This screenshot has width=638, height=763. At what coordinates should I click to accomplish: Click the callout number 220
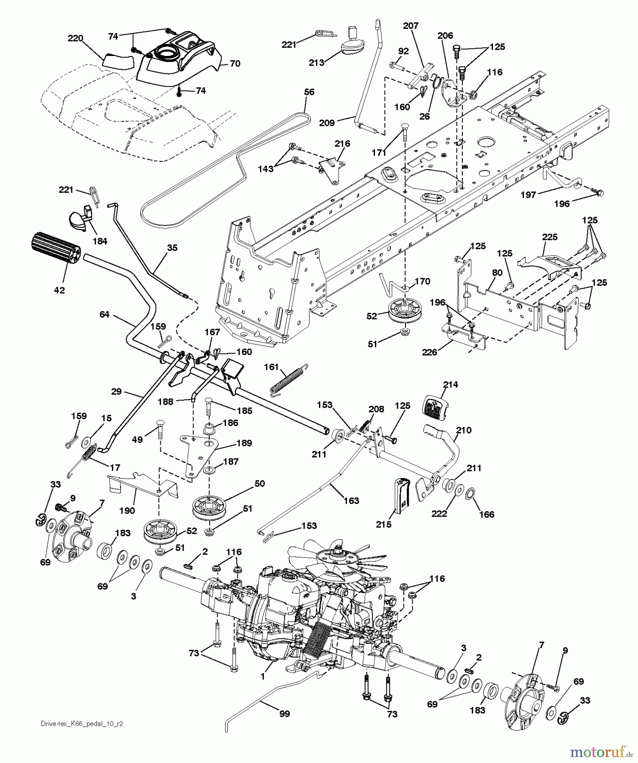tap(76, 39)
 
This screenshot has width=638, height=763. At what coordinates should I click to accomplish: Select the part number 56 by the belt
tap(309, 92)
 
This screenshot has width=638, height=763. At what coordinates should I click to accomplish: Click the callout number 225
tap(550, 237)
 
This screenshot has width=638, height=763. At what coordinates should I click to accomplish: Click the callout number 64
tap(104, 314)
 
